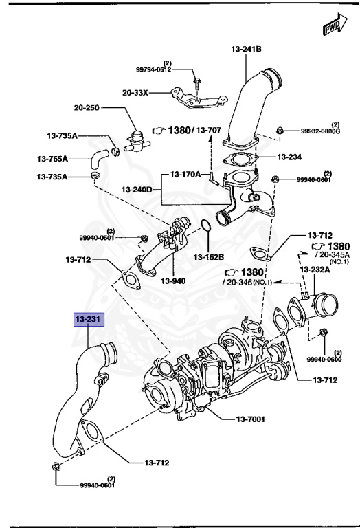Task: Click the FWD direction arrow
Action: point(336,25)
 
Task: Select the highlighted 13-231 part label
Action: point(89,318)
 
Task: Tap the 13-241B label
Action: point(246,49)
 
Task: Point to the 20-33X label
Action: point(135,92)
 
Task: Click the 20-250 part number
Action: point(87,108)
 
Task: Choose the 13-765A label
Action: point(52,158)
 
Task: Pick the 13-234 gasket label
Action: point(289,157)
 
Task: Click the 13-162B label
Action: point(209,257)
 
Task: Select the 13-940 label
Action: point(173,280)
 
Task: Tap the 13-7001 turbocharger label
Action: point(250,419)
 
